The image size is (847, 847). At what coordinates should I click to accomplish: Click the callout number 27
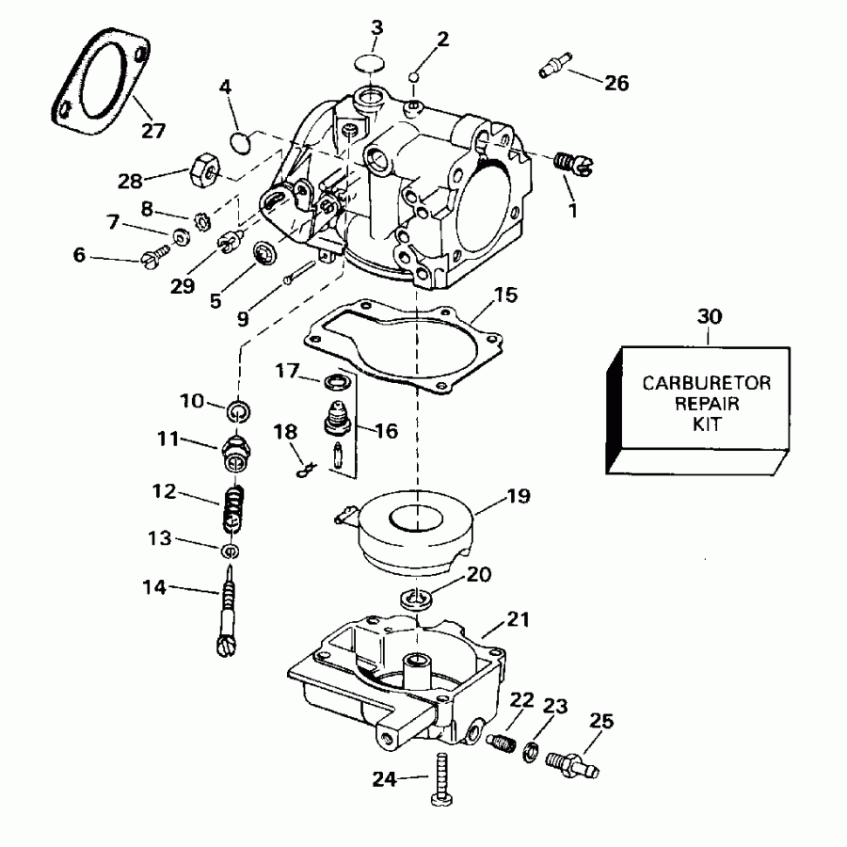153,130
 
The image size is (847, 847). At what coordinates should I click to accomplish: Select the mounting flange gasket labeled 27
101,81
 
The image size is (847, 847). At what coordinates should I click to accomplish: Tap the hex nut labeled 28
204,169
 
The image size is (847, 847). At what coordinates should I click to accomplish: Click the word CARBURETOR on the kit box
706,383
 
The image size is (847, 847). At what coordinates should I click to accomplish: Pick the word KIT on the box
707,424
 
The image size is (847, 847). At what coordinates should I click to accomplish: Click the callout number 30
710,316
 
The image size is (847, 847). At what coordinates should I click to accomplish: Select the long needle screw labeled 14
228,611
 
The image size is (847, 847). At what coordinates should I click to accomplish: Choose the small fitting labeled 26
555,65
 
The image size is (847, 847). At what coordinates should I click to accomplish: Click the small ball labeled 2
415,77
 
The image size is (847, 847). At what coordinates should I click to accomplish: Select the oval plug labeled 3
371,64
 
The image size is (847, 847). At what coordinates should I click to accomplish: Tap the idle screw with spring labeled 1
574,164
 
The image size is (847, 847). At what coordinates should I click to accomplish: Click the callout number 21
518,619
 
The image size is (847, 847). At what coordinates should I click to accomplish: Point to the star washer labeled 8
202,221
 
